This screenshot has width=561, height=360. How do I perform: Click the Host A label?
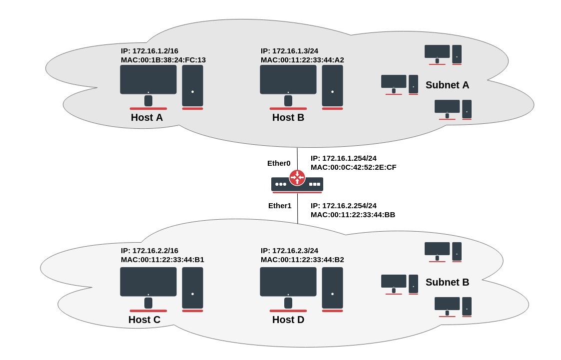(x=147, y=118)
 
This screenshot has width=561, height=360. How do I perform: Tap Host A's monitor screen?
(x=148, y=79)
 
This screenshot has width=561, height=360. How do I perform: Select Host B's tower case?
(x=332, y=85)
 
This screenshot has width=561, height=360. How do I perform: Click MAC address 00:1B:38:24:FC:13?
(x=163, y=60)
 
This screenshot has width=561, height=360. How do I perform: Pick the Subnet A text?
(x=447, y=85)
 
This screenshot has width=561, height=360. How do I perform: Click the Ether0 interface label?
(x=279, y=163)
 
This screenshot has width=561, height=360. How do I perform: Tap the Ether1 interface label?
(x=280, y=205)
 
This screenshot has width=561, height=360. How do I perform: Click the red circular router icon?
(x=297, y=177)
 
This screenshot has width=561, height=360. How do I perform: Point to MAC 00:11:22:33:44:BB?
(x=353, y=215)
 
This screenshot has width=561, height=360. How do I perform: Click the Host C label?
(x=144, y=320)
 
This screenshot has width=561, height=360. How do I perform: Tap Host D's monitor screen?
(x=288, y=282)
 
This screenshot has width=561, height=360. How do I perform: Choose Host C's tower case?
(x=192, y=288)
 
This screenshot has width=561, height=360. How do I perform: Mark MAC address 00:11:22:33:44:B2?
(x=302, y=260)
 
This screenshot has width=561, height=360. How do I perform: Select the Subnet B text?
(x=447, y=282)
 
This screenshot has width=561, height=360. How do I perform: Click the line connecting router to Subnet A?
(x=298, y=158)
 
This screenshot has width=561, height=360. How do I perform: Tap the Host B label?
(x=288, y=118)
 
